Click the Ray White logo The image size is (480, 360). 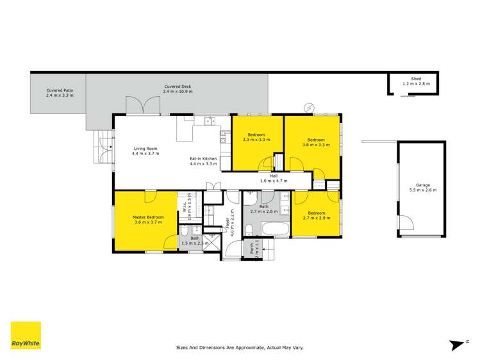click(26, 335)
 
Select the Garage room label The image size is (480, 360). click(422, 185)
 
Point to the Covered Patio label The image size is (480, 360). click(60, 90)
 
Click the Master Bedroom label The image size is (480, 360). click(148, 217)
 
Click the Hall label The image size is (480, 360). click(274, 176)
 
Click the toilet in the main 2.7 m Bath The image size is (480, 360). click(249, 229)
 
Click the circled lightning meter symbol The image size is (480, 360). click(310, 106)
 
